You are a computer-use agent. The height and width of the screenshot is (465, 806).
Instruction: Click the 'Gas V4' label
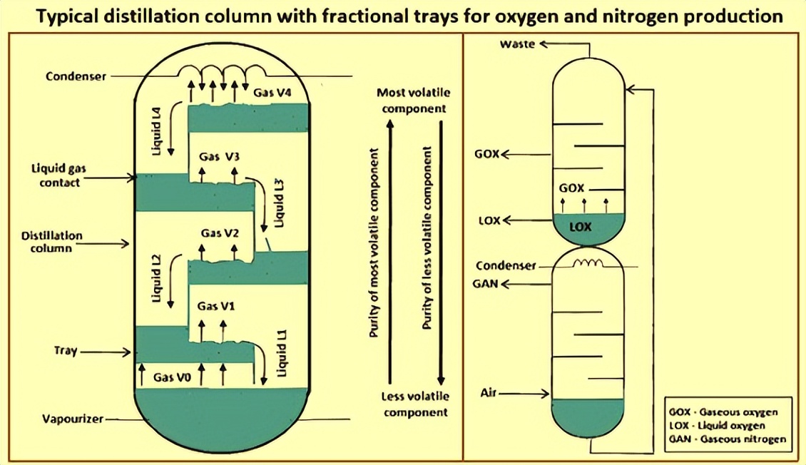click(272, 91)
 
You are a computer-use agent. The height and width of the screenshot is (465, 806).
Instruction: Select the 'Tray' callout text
click(66, 351)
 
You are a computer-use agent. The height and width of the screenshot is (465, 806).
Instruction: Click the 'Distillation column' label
click(51, 242)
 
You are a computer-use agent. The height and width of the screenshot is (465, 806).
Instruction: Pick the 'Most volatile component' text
click(414, 101)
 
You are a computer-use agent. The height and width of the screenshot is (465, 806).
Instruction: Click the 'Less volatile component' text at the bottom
click(414, 405)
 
